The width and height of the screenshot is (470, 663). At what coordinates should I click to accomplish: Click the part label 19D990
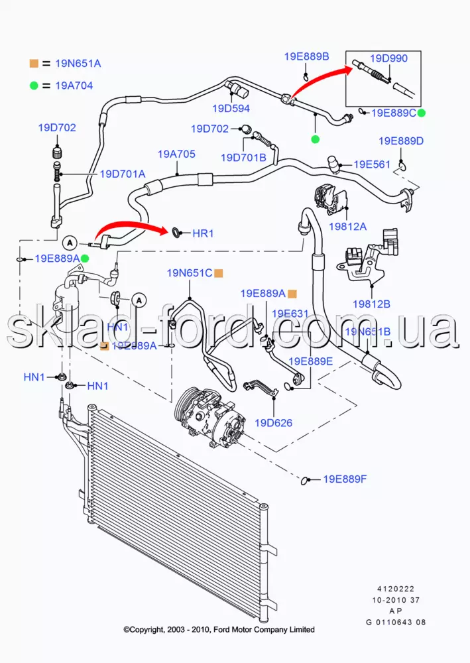click(x=388, y=58)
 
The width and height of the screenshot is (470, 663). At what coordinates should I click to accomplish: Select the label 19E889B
click(x=306, y=56)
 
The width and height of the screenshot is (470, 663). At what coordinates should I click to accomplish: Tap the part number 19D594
click(x=231, y=108)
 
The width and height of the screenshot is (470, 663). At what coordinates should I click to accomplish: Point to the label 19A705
click(x=176, y=154)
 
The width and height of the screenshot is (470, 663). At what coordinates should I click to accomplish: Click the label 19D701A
click(x=122, y=174)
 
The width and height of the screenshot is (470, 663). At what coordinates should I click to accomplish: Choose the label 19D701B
click(x=243, y=157)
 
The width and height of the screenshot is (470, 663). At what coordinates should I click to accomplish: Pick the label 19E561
click(x=372, y=164)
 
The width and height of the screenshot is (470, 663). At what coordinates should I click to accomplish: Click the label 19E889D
click(x=400, y=141)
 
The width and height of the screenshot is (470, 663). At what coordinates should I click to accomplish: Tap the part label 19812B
click(x=371, y=304)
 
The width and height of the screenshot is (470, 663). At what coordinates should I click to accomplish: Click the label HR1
click(x=202, y=233)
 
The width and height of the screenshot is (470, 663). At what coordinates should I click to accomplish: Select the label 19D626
click(x=273, y=422)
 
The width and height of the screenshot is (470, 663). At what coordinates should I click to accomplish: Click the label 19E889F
click(x=345, y=479)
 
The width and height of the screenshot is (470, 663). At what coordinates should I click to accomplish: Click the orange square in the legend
click(x=33, y=64)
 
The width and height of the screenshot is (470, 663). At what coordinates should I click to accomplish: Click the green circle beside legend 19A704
click(x=33, y=85)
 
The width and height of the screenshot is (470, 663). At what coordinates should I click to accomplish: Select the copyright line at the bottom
click(x=219, y=629)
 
